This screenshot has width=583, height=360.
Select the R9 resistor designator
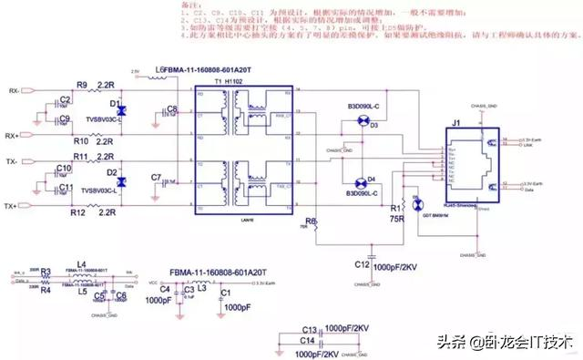point(81,85)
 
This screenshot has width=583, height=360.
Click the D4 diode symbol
point(359,180)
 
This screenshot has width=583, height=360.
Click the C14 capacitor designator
point(307,339)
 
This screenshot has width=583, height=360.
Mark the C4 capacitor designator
point(165,291)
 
